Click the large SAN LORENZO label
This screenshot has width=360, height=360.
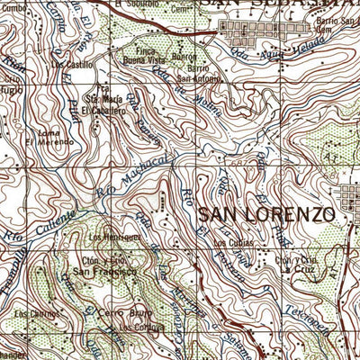pos(266,215)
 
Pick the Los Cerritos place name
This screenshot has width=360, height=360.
pos(31,314)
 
